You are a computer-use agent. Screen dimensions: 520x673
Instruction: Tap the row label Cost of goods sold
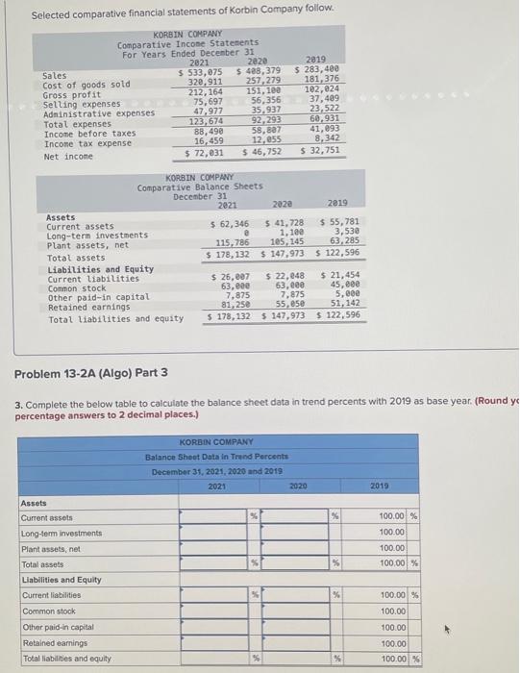(x=86, y=85)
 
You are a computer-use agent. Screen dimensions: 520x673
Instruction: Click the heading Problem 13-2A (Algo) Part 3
(x=91, y=373)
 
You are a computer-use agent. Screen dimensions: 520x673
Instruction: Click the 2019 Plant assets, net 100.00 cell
(x=391, y=547)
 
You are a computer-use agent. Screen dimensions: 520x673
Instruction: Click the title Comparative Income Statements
(x=187, y=44)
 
